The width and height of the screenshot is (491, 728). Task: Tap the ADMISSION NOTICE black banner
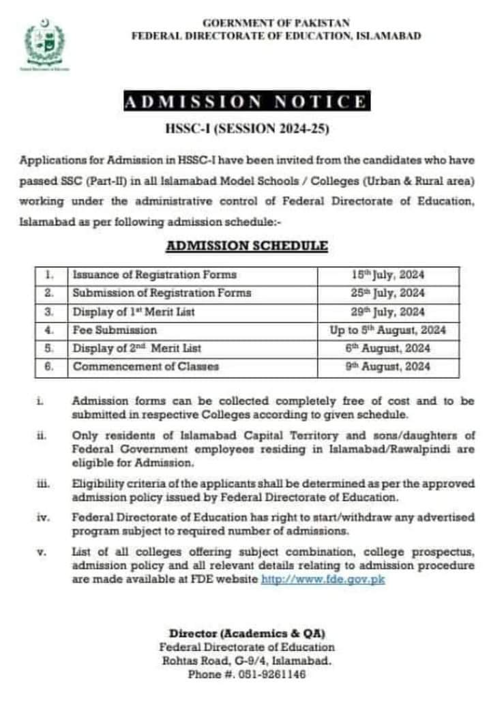245,102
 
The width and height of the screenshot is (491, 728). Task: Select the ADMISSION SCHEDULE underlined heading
247,245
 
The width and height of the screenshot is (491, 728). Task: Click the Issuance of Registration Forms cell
155,275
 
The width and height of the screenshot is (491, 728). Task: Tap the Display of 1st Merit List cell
134,312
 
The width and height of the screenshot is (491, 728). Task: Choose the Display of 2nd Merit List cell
137,349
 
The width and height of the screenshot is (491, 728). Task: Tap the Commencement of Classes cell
146,367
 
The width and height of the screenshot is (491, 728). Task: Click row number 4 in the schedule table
50,330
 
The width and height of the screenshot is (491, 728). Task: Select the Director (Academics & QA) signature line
247,633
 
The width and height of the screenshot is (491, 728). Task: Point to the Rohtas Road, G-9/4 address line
247,660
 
